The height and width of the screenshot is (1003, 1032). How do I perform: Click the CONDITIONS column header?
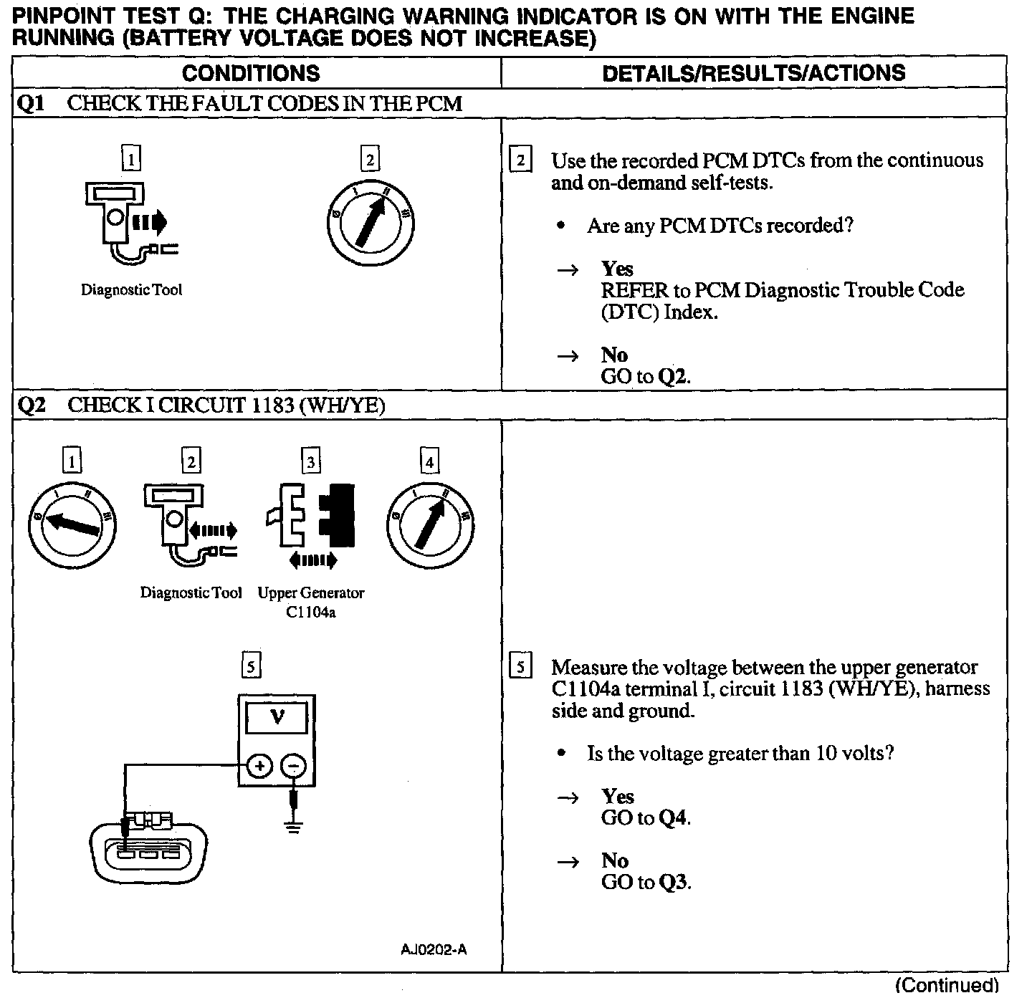pyautogui.click(x=251, y=73)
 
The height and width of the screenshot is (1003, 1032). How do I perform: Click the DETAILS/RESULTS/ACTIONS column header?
pyautogui.click(x=753, y=73)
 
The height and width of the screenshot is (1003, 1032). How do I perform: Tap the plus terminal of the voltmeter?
pyautogui.click(x=259, y=767)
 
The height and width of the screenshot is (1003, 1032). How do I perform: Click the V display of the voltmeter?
pyautogui.click(x=277, y=717)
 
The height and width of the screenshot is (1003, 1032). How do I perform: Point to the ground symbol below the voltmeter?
pyautogui.click(x=292, y=826)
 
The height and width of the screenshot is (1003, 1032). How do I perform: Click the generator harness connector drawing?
pyautogui.click(x=149, y=850)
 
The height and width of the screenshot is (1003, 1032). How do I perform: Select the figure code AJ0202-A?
pyautogui.click(x=434, y=950)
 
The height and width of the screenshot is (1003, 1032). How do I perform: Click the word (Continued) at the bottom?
pyautogui.click(x=947, y=985)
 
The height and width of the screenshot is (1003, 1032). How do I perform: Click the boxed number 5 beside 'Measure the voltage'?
pyautogui.click(x=520, y=667)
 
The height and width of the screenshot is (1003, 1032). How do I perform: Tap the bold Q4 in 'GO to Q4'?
pyautogui.click(x=674, y=818)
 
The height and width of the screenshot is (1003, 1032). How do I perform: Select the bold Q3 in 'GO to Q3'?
pyautogui.click(x=674, y=883)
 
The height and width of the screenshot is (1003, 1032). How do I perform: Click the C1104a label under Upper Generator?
pyautogui.click(x=310, y=613)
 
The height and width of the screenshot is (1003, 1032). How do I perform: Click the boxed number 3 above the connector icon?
pyautogui.click(x=310, y=462)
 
